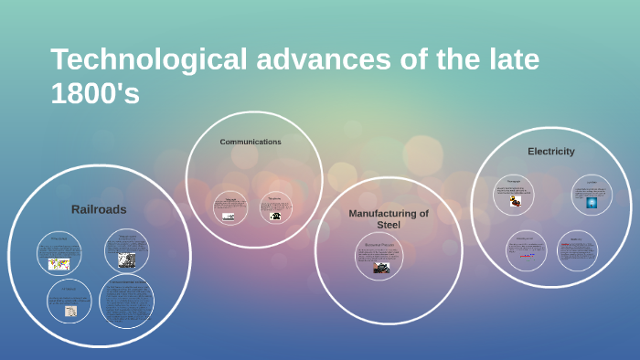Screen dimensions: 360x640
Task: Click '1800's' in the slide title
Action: click(95, 92)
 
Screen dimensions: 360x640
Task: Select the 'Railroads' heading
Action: click(99, 209)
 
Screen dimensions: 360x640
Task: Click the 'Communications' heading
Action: click(251, 142)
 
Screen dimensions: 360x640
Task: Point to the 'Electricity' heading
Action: click(551, 151)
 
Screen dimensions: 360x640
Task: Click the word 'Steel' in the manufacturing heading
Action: click(389, 225)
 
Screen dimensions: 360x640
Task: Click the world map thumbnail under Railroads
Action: click(59, 264)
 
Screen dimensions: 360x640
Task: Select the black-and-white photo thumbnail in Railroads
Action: click(126, 259)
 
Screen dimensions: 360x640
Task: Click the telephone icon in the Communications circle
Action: click(274, 216)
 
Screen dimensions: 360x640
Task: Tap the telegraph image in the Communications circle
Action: click(229, 217)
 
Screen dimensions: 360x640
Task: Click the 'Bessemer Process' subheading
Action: click(379, 245)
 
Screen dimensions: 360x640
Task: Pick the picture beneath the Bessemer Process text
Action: click(381, 268)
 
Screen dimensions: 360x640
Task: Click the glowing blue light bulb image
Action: click(592, 203)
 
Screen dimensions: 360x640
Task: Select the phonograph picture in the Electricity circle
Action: click(516, 201)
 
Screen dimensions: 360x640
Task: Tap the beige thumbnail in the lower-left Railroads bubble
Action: click(70, 312)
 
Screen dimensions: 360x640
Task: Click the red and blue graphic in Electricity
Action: click(527, 256)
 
